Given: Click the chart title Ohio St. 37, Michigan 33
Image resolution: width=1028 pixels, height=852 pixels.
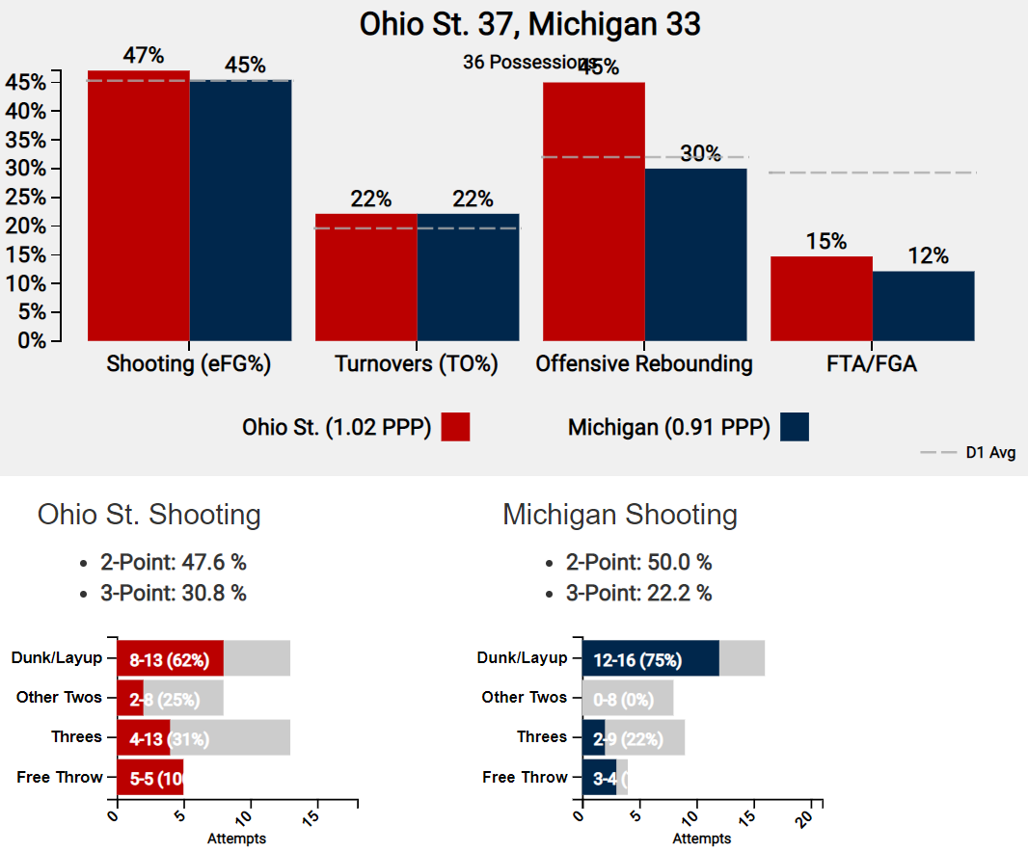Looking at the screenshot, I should pyautogui.click(x=529, y=24).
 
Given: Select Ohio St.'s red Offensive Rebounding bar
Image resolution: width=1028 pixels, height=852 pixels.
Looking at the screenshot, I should pyautogui.click(x=594, y=211).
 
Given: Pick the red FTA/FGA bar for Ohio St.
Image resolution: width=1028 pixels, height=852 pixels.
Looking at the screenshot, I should pyautogui.click(x=822, y=298).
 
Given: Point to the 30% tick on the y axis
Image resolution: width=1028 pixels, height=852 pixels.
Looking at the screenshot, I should pyautogui.click(x=26, y=169).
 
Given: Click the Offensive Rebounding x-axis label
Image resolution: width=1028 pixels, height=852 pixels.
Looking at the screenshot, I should pyautogui.click(x=644, y=364).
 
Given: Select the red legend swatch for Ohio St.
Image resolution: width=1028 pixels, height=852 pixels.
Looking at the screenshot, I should pyautogui.click(x=455, y=427).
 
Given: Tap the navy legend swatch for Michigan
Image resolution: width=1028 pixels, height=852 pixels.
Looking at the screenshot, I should pyautogui.click(x=795, y=427).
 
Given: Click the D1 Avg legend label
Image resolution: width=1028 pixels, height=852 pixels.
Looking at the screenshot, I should pyautogui.click(x=990, y=452).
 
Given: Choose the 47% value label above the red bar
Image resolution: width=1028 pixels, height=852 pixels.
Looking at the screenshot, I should pyautogui.click(x=143, y=55).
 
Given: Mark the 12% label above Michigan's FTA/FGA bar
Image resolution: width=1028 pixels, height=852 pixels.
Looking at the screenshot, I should pyautogui.click(x=928, y=256).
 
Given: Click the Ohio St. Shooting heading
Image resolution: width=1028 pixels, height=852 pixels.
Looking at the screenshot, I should pyautogui.click(x=149, y=515).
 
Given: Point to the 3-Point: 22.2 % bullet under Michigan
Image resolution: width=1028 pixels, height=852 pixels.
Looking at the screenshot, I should pyautogui.click(x=638, y=594).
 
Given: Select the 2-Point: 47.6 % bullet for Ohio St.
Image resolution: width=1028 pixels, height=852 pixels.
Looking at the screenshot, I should pyautogui.click(x=173, y=563).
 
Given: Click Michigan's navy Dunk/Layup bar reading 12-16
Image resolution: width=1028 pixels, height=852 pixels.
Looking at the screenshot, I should pyautogui.click(x=651, y=659).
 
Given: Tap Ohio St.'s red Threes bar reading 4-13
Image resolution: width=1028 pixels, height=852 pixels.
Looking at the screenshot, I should pyautogui.click(x=144, y=738).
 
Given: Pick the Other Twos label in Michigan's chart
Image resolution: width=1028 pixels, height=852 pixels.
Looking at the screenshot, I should pyautogui.click(x=525, y=697).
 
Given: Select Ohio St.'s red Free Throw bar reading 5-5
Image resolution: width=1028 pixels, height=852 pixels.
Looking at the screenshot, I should pyautogui.click(x=149, y=778).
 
